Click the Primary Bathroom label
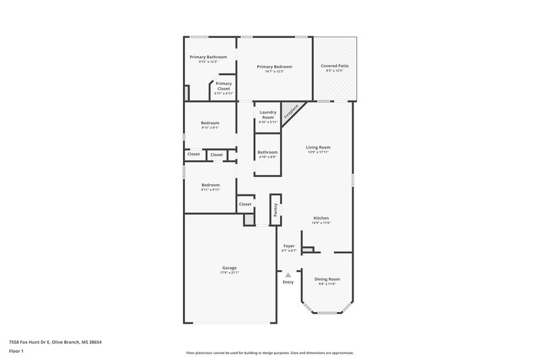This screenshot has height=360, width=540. pyautogui.click(x=208, y=57)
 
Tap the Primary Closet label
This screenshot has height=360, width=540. pyautogui.click(x=223, y=84)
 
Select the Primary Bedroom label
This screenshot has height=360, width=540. pyautogui.click(x=275, y=66)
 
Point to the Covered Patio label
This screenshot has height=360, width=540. pyautogui.click(x=335, y=66)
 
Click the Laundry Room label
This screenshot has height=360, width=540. pyautogui.click(x=267, y=115)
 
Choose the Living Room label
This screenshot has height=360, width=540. pyautogui.click(x=318, y=147)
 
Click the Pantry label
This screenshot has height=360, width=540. pyautogui.click(x=275, y=209)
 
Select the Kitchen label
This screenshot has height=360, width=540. pyautogui.click(x=321, y=218)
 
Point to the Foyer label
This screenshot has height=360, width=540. pyautogui.click(x=288, y=246)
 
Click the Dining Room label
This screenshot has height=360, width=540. pyautogui.click(x=327, y=279)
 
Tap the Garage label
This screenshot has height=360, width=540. pyautogui.click(x=229, y=267)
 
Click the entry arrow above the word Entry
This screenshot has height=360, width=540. pyautogui.click(x=288, y=275)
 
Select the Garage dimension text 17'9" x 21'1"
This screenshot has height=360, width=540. pyautogui.click(x=229, y=272)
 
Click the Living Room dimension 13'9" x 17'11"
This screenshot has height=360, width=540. pyautogui.click(x=318, y=151)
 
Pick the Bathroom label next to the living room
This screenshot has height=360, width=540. pyautogui.click(x=267, y=152)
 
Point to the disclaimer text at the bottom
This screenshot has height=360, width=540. pyautogui.click(x=270, y=352)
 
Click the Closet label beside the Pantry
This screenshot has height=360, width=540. pyautogui.click(x=244, y=204)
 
